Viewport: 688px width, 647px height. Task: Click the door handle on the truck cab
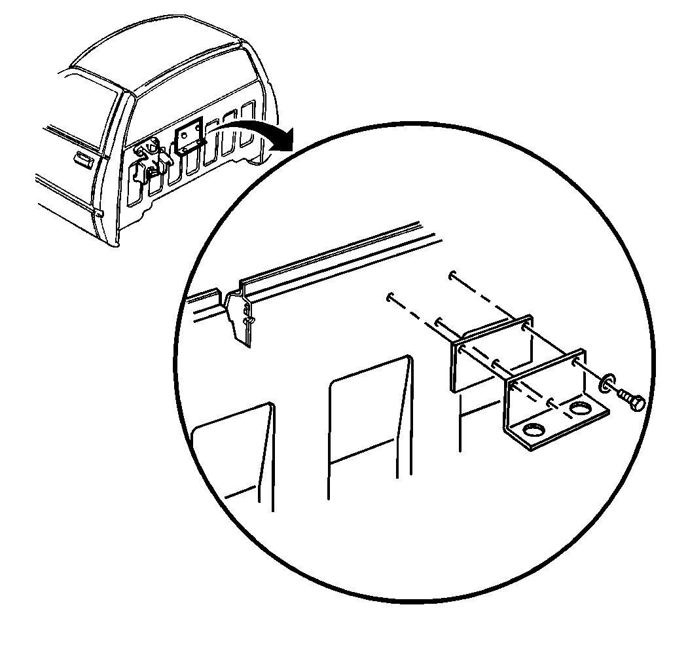[x=83, y=158]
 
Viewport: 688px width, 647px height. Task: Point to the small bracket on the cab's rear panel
[x=190, y=138]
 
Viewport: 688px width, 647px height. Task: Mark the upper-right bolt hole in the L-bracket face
[x=574, y=361]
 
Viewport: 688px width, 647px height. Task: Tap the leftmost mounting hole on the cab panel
[x=390, y=296]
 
